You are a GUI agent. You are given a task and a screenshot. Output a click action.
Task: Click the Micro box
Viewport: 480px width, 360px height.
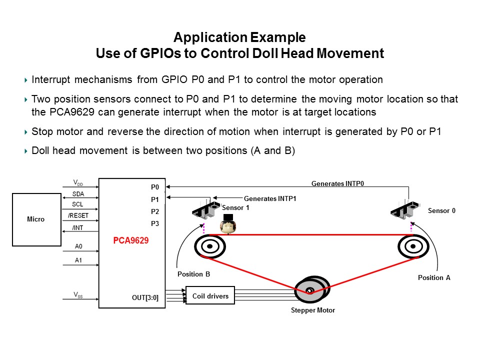click(36, 219)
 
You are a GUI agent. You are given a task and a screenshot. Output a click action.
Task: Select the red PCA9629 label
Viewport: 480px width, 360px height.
click(130, 240)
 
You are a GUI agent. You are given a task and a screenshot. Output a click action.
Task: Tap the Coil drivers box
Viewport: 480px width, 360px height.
click(210, 295)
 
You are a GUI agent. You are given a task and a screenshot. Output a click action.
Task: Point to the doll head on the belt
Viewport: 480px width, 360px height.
click(228, 224)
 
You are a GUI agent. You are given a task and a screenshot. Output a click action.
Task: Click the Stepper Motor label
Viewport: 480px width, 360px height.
click(313, 310)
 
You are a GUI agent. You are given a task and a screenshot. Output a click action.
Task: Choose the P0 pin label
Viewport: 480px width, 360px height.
click(155, 187)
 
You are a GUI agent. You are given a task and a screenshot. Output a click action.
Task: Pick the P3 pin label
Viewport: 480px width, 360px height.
click(155, 223)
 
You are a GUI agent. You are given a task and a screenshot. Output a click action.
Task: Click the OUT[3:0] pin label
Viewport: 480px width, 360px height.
click(145, 297)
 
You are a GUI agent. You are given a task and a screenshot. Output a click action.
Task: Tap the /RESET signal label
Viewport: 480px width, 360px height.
click(78, 215)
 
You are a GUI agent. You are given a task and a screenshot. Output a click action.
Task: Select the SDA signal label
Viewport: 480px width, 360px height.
click(78, 194)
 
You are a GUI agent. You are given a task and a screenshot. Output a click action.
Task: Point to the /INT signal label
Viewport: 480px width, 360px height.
click(77, 228)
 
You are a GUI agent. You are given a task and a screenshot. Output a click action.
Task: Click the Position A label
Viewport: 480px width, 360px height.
click(434, 277)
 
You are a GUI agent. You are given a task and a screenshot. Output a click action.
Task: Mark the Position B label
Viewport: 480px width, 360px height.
click(194, 274)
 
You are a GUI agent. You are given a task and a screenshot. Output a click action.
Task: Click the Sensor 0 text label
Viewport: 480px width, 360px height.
click(441, 210)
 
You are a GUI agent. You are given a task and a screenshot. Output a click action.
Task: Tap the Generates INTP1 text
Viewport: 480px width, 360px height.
click(270, 198)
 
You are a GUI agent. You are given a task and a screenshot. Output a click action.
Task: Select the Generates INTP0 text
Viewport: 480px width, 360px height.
click(337, 183)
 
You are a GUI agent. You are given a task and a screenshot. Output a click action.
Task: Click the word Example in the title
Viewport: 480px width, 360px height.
click(278, 37)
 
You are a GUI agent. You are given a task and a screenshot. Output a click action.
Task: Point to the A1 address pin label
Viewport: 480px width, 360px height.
click(78, 260)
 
